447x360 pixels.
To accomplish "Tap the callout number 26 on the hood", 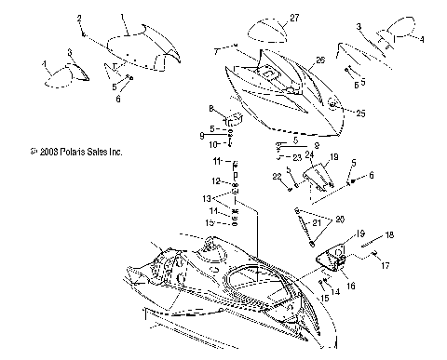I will click(319, 60).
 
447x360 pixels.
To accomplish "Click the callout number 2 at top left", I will click(79, 19).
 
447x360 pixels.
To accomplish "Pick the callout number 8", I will click(211, 108).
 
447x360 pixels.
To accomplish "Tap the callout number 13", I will click(208, 199).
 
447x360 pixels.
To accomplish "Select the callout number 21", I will click(317, 223).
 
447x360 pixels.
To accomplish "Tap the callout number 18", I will click(389, 235).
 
